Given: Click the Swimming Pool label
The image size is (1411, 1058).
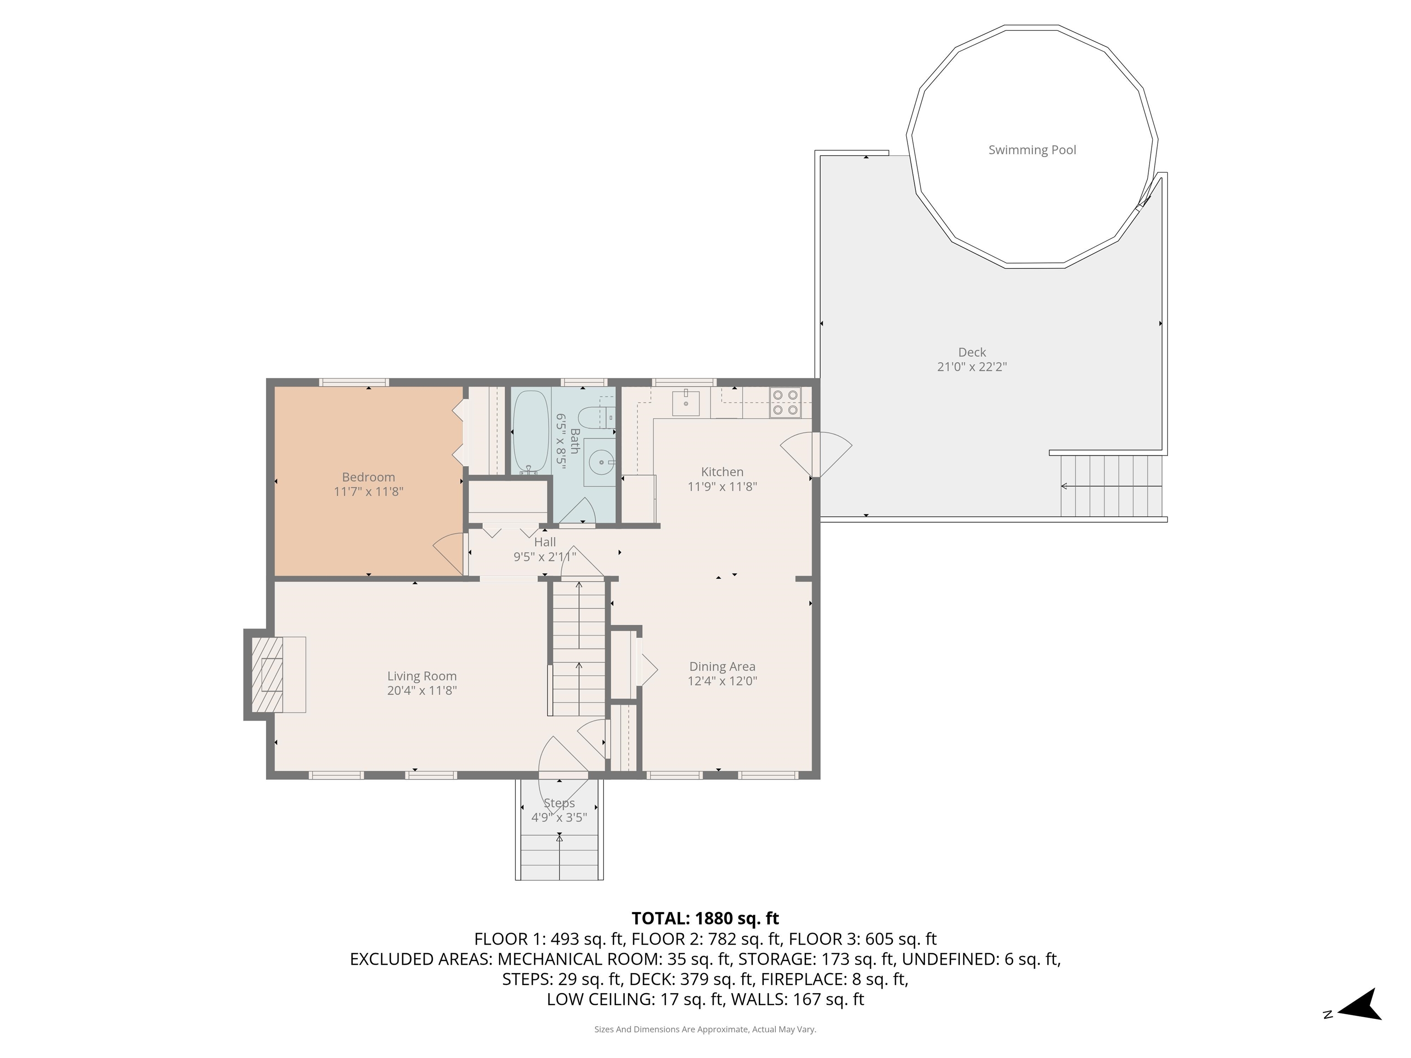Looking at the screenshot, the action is click(x=1032, y=150).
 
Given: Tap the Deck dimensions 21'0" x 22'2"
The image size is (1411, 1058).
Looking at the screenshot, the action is click(x=971, y=367).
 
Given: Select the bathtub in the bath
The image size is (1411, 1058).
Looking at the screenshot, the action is click(x=531, y=432).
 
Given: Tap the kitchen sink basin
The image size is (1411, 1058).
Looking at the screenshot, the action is click(x=686, y=404).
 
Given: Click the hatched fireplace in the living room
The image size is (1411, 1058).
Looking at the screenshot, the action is click(x=267, y=674).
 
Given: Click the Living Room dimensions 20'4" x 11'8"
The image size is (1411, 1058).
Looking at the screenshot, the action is click(x=422, y=691).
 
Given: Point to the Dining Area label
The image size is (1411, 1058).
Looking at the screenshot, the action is click(x=722, y=666).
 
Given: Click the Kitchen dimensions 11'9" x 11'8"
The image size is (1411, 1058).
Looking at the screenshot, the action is click(x=722, y=487).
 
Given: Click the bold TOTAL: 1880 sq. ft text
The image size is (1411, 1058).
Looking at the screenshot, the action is click(x=705, y=918).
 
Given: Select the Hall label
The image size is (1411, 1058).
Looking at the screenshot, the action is click(x=545, y=542).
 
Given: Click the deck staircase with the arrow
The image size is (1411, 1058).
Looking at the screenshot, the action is click(x=1111, y=486).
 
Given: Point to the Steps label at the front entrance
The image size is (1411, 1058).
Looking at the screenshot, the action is click(x=559, y=803).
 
